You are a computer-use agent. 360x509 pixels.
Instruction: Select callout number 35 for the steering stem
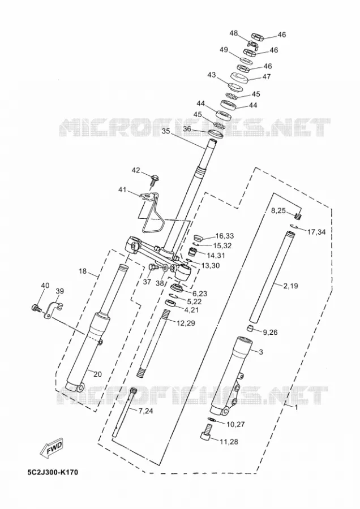click(166, 131)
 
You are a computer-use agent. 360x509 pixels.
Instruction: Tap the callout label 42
click(136, 170)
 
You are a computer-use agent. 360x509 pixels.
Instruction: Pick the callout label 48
click(234, 33)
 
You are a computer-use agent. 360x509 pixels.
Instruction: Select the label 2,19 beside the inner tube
click(290, 286)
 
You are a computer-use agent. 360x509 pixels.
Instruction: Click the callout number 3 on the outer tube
click(261, 352)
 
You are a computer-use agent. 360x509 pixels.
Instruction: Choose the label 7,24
click(145, 411)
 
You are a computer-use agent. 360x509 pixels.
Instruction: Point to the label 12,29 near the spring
click(186, 323)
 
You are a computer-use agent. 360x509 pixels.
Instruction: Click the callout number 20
click(97, 374)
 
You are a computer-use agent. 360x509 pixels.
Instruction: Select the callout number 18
click(83, 271)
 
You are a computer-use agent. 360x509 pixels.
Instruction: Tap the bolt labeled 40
click(36, 308)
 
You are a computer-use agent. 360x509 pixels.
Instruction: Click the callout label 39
click(59, 291)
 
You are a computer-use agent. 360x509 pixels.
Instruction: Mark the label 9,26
click(270, 333)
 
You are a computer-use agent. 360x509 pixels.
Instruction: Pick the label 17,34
click(316, 232)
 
